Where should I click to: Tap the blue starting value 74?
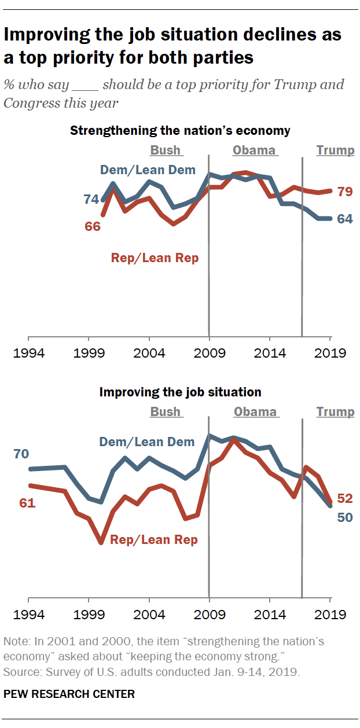click(x=91, y=199)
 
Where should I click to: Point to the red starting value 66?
click(x=93, y=226)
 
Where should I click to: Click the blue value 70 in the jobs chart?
click(x=21, y=454)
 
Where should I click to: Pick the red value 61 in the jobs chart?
click(x=27, y=503)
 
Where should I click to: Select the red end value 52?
click(x=345, y=498)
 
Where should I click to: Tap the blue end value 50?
click(x=345, y=517)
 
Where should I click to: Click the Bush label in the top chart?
click(x=166, y=150)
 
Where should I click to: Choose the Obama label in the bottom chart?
click(x=255, y=412)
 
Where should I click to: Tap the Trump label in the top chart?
click(x=335, y=150)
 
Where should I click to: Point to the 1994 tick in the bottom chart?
click(x=28, y=615)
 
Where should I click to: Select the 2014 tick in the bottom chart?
click(x=270, y=615)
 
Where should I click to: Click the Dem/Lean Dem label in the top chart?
click(x=148, y=170)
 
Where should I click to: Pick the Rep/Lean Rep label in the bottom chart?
click(x=154, y=540)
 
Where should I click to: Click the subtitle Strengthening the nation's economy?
click(x=180, y=130)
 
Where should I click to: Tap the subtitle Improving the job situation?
click(x=180, y=392)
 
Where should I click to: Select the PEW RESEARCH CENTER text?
click(x=69, y=694)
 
